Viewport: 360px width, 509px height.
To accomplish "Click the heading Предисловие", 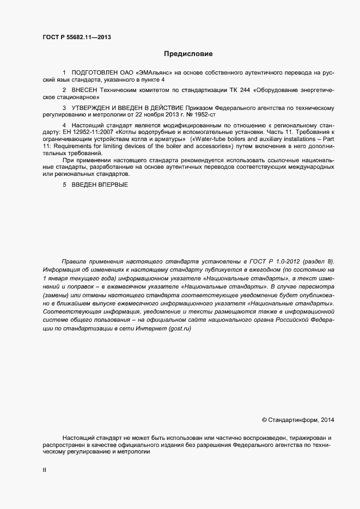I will click(188, 54).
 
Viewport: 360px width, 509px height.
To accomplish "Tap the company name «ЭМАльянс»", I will click(155, 72).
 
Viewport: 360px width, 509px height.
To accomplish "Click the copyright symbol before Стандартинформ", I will click(265, 420).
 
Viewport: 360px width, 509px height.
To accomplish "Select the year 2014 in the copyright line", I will click(328, 420).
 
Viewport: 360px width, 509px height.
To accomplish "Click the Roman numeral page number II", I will click(44, 469).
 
